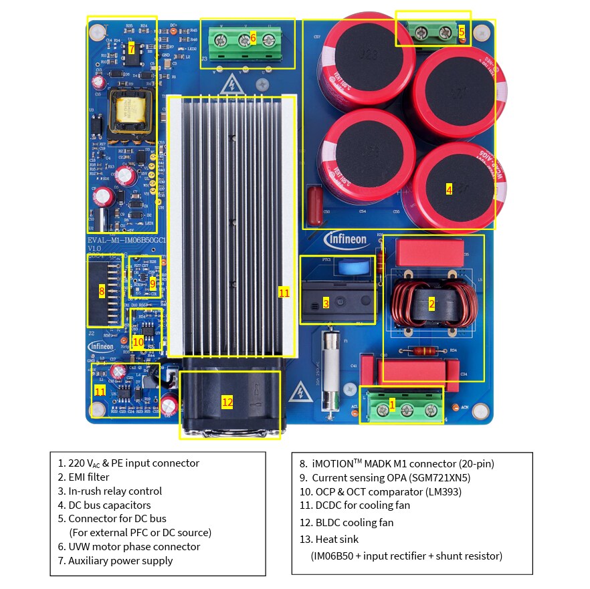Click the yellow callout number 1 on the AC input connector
pos(392,404)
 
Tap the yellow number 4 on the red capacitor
pos(449,190)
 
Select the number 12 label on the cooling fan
pos(227,402)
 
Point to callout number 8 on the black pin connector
pos(102,291)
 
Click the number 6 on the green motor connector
pos(253,37)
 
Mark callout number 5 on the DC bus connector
pos(462,31)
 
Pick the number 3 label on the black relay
pos(326,303)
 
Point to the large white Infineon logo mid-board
pos(346,239)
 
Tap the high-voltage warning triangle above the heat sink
pos(231,85)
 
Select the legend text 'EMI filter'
pos(84,477)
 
